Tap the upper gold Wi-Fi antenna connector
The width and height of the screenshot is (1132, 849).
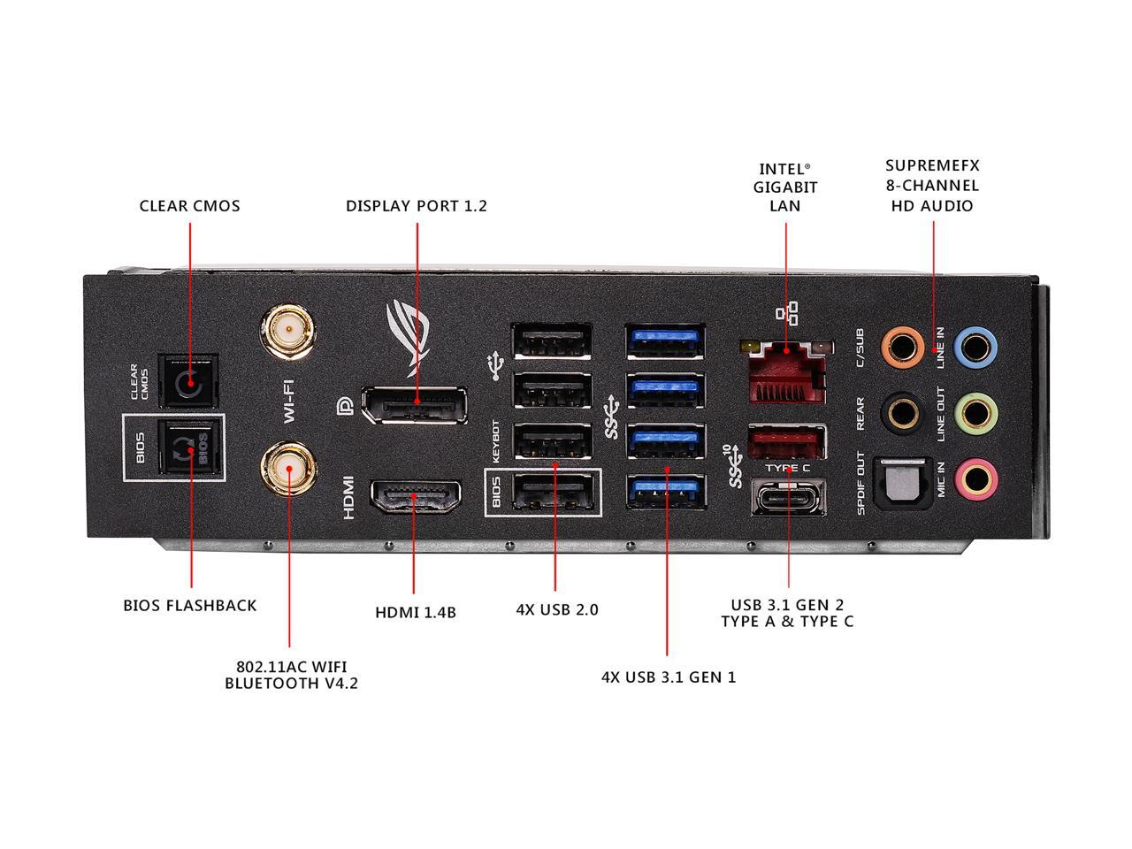click(x=287, y=333)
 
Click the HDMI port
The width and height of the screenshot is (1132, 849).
click(x=415, y=498)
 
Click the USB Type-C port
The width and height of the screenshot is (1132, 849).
click(x=788, y=496)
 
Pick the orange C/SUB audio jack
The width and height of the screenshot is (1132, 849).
click(x=903, y=343)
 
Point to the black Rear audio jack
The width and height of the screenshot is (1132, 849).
click(x=903, y=412)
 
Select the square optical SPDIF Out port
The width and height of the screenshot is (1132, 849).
click(x=902, y=482)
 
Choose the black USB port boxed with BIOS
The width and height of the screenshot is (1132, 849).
click(x=552, y=492)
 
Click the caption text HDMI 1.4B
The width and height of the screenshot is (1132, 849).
click(x=416, y=611)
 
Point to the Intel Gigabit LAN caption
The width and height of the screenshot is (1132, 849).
click(x=785, y=187)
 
